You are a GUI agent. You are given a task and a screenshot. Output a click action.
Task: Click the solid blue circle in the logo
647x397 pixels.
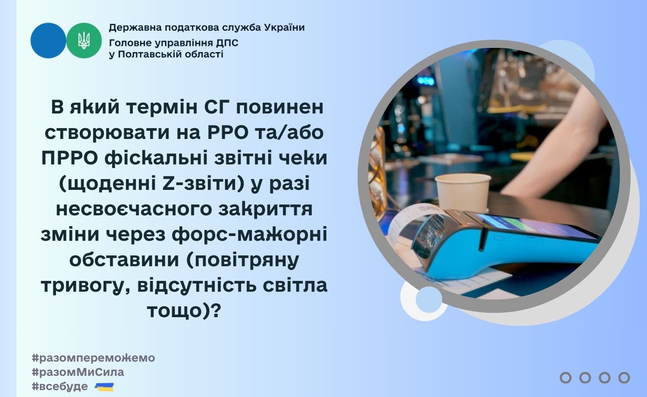tap(48, 41)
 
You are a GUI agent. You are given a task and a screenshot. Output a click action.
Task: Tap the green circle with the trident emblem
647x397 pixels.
tap(84, 41)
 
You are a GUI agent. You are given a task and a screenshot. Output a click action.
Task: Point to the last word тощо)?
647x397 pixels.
tap(184, 311)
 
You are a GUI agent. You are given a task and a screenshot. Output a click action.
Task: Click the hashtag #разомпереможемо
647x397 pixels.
tap(94, 358)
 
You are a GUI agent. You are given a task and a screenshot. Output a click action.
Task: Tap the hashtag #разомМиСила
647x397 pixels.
tap(78, 372)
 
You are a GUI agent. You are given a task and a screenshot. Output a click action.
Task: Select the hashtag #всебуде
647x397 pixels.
tap(60, 386)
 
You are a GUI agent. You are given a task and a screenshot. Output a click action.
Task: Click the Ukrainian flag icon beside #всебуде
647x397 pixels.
tap(104, 387)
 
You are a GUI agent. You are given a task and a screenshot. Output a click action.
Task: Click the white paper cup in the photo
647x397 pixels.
tap(463, 192)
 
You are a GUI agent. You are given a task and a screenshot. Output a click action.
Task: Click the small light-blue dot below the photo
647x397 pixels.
tap(429, 299)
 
